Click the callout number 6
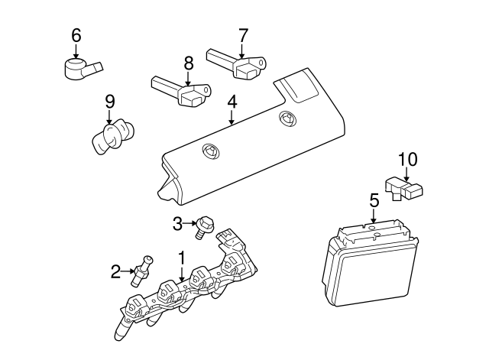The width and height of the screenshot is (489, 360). [x=76, y=34]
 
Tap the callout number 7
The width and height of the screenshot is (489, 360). [x=243, y=34]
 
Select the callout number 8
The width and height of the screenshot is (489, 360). [x=188, y=63]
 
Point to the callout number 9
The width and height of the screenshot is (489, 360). [x=109, y=101]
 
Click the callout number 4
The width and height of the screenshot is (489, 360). [x=232, y=100]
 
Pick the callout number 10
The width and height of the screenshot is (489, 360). [x=408, y=159]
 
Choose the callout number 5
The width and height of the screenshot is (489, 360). [x=374, y=200]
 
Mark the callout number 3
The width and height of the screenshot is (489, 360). [x=176, y=223]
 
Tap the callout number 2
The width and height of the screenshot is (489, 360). [x=115, y=270]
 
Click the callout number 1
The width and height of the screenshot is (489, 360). [x=182, y=258]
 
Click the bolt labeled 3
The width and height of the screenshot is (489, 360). [x=204, y=226]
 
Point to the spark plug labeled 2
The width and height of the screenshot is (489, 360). [x=142, y=271]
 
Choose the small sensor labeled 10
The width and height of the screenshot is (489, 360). [x=406, y=189]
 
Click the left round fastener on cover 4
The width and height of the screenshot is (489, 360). [x=208, y=151]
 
